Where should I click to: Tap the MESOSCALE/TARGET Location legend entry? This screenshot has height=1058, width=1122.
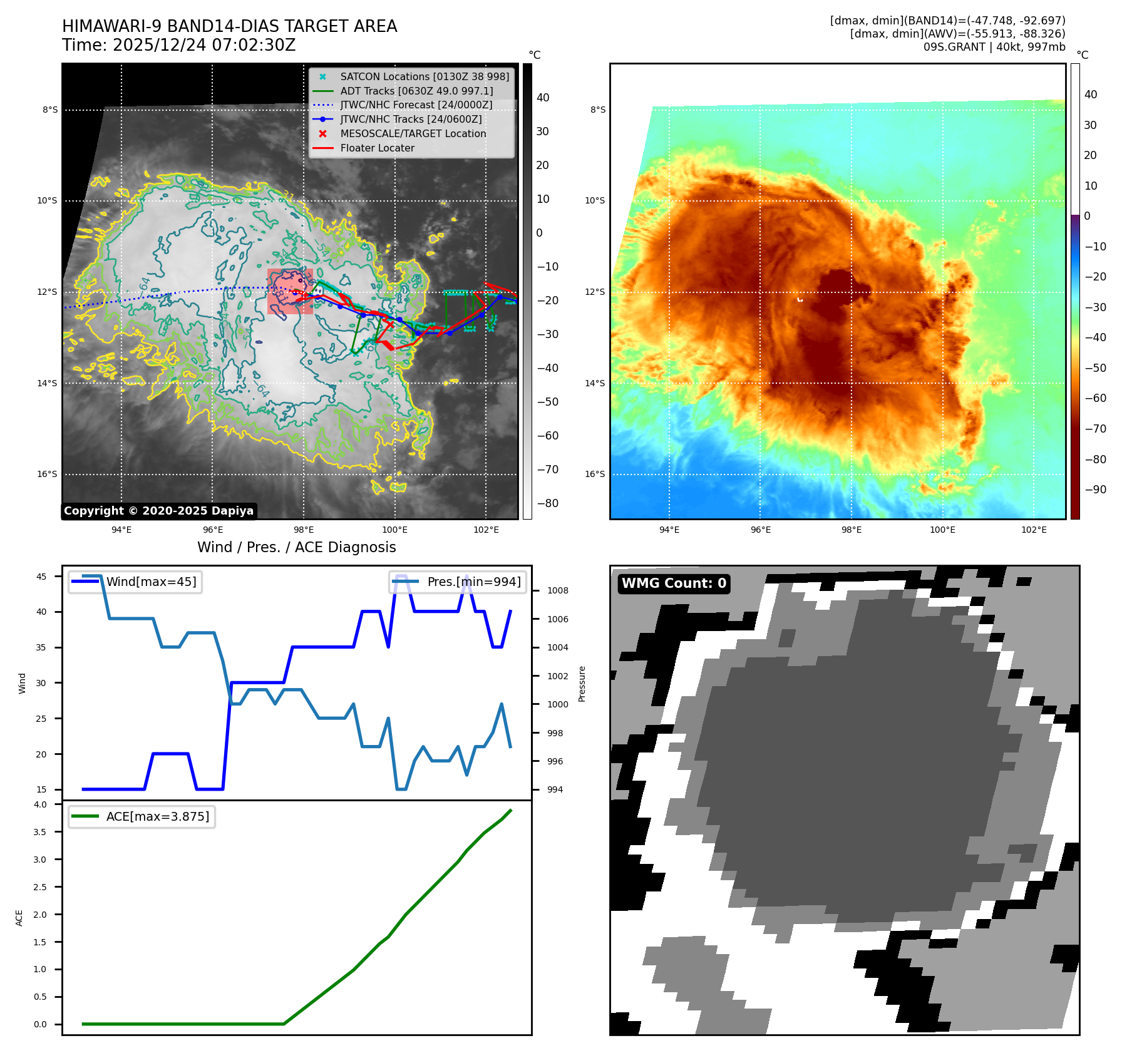[413, 133]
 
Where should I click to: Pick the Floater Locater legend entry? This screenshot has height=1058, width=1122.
[377, 148]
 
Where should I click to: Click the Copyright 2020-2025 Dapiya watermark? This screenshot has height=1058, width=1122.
[158, 511]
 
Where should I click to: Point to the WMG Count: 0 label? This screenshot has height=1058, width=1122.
[674, 583]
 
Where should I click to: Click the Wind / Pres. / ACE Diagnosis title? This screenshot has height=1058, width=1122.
[296, 547]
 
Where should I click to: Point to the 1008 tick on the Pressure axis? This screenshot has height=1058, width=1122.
[557, 590]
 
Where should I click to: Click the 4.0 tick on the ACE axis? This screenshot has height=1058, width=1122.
[40, 804]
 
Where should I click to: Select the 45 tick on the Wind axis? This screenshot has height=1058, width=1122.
[41, 577]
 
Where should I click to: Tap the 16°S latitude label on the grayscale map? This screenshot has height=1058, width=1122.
[47, 474]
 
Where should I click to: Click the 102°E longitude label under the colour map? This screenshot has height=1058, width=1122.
[1034, 530]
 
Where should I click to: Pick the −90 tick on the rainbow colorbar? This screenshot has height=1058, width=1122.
[1095, 490]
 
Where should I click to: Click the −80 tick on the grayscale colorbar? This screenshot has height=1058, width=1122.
[547, 503]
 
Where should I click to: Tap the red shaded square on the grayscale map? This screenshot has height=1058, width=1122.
[290, 291]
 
